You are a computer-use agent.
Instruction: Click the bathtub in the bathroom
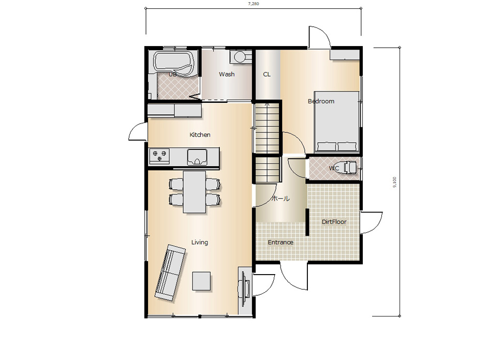[174, 64]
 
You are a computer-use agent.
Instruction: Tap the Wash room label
[227, 74]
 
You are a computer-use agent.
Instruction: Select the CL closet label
[267, 74]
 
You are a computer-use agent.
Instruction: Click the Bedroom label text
[321, 101]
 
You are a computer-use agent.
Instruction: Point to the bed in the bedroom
[336, 121]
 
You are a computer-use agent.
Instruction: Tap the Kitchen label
[200, 134]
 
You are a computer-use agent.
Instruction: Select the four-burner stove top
[159, 156]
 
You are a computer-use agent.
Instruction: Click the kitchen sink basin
[197, 157]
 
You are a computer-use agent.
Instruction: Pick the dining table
[195, 191]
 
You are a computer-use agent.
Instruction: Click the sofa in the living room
[170, 273]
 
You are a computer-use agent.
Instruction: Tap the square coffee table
[201, 281]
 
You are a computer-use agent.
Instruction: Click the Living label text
[199, 243]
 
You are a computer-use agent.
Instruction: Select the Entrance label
[280, 243]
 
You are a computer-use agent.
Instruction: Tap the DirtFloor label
[334, 222]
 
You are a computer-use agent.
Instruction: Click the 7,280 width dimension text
[253, 4]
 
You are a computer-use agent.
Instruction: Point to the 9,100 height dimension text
[395, 182]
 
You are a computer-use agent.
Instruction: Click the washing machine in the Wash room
[240, 56]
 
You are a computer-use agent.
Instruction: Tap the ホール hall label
[281, 199]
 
